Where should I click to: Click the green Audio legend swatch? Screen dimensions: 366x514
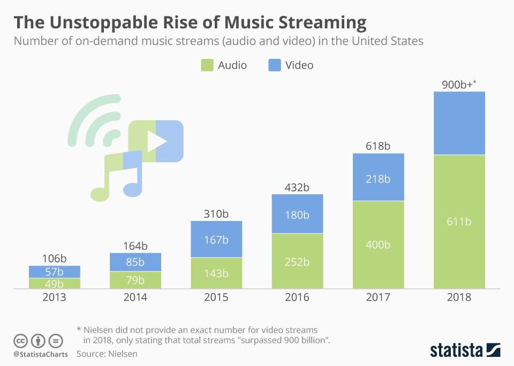[x=207, y=65]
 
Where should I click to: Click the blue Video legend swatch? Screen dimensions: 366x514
[x=274, y=65]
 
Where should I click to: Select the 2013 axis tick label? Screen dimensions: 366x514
[x=54, y=298]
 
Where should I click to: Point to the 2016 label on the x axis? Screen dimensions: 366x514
[x=297, y=298]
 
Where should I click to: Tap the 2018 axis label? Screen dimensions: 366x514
[x=458, y=298]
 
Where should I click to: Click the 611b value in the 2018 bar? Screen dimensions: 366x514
[x=458, y=222]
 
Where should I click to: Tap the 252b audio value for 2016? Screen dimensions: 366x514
[x=297, y=262]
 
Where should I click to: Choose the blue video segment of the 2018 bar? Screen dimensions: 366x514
[x=459, y=123]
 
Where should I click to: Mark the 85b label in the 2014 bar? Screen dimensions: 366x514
[x=135, y=262]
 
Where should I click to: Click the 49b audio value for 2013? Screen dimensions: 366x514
[x=54, y=284]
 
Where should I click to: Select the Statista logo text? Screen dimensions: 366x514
[x=456, y=350]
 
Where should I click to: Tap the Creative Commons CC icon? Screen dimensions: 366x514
[x=20, y=341]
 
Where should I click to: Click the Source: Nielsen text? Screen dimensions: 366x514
[x=107, y=354]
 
